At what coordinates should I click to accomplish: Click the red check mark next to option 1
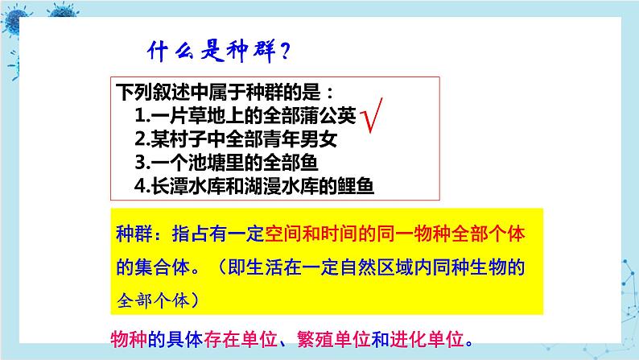(x=371, y=116)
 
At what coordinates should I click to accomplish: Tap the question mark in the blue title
(x=285, y=52)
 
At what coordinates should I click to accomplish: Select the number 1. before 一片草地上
(x=142, y=115)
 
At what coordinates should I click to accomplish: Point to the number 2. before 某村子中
(x=142, y=139)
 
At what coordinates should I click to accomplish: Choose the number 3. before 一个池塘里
(x=142, y=162)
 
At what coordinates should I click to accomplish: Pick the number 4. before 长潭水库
(x=142, y=186)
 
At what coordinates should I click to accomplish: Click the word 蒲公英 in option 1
(x=328, y=115)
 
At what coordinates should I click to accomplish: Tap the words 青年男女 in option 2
(x=299, y=139)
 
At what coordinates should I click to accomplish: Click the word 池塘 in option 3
(x=206, y=162)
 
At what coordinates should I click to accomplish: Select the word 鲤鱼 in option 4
(x=356, y=186)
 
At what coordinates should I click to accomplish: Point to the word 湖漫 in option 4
(x=262, y=186)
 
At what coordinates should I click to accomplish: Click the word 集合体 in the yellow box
(x=163, y=268)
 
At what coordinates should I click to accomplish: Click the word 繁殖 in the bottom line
(x=315, y=339)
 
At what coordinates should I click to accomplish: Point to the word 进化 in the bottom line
(x=408, y=339)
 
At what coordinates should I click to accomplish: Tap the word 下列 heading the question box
(x=134, y=92)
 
